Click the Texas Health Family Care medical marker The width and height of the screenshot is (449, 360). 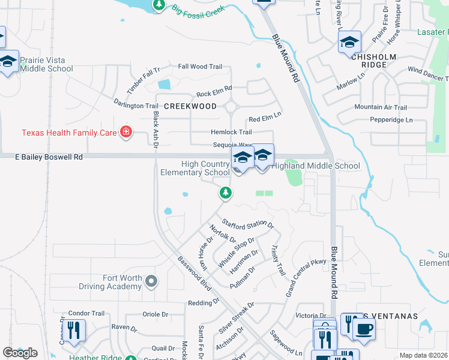pyautogui.click(x=125, y=131)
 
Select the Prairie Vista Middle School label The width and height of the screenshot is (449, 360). pyautogui.click(x=46, y=64)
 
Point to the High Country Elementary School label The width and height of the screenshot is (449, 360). pyautogui.click(x=195, y=168)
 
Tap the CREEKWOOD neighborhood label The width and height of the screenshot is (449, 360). pyautogui.click(x=190, y=106)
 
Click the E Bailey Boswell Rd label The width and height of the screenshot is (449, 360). pyautogui.click(x=48, y=157)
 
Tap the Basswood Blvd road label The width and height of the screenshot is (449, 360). pyautogui.click(x=196, y=280)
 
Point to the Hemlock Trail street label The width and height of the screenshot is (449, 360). pyautogui.click(x=231, y=132)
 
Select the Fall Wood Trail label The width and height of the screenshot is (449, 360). pyautogui.click(x=200, y=67)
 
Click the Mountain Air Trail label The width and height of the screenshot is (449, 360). pyautogui.click(x=381, y=107)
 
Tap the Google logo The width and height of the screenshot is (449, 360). pyautogui.click(x=20, y=353)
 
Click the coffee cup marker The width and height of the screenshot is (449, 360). pyautogui.click(x=364, y=328)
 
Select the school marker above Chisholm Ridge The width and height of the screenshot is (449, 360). pyautogui.click(x=349, y=43)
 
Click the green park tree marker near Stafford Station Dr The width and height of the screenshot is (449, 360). pyautogui.click(x=226, y=193)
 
